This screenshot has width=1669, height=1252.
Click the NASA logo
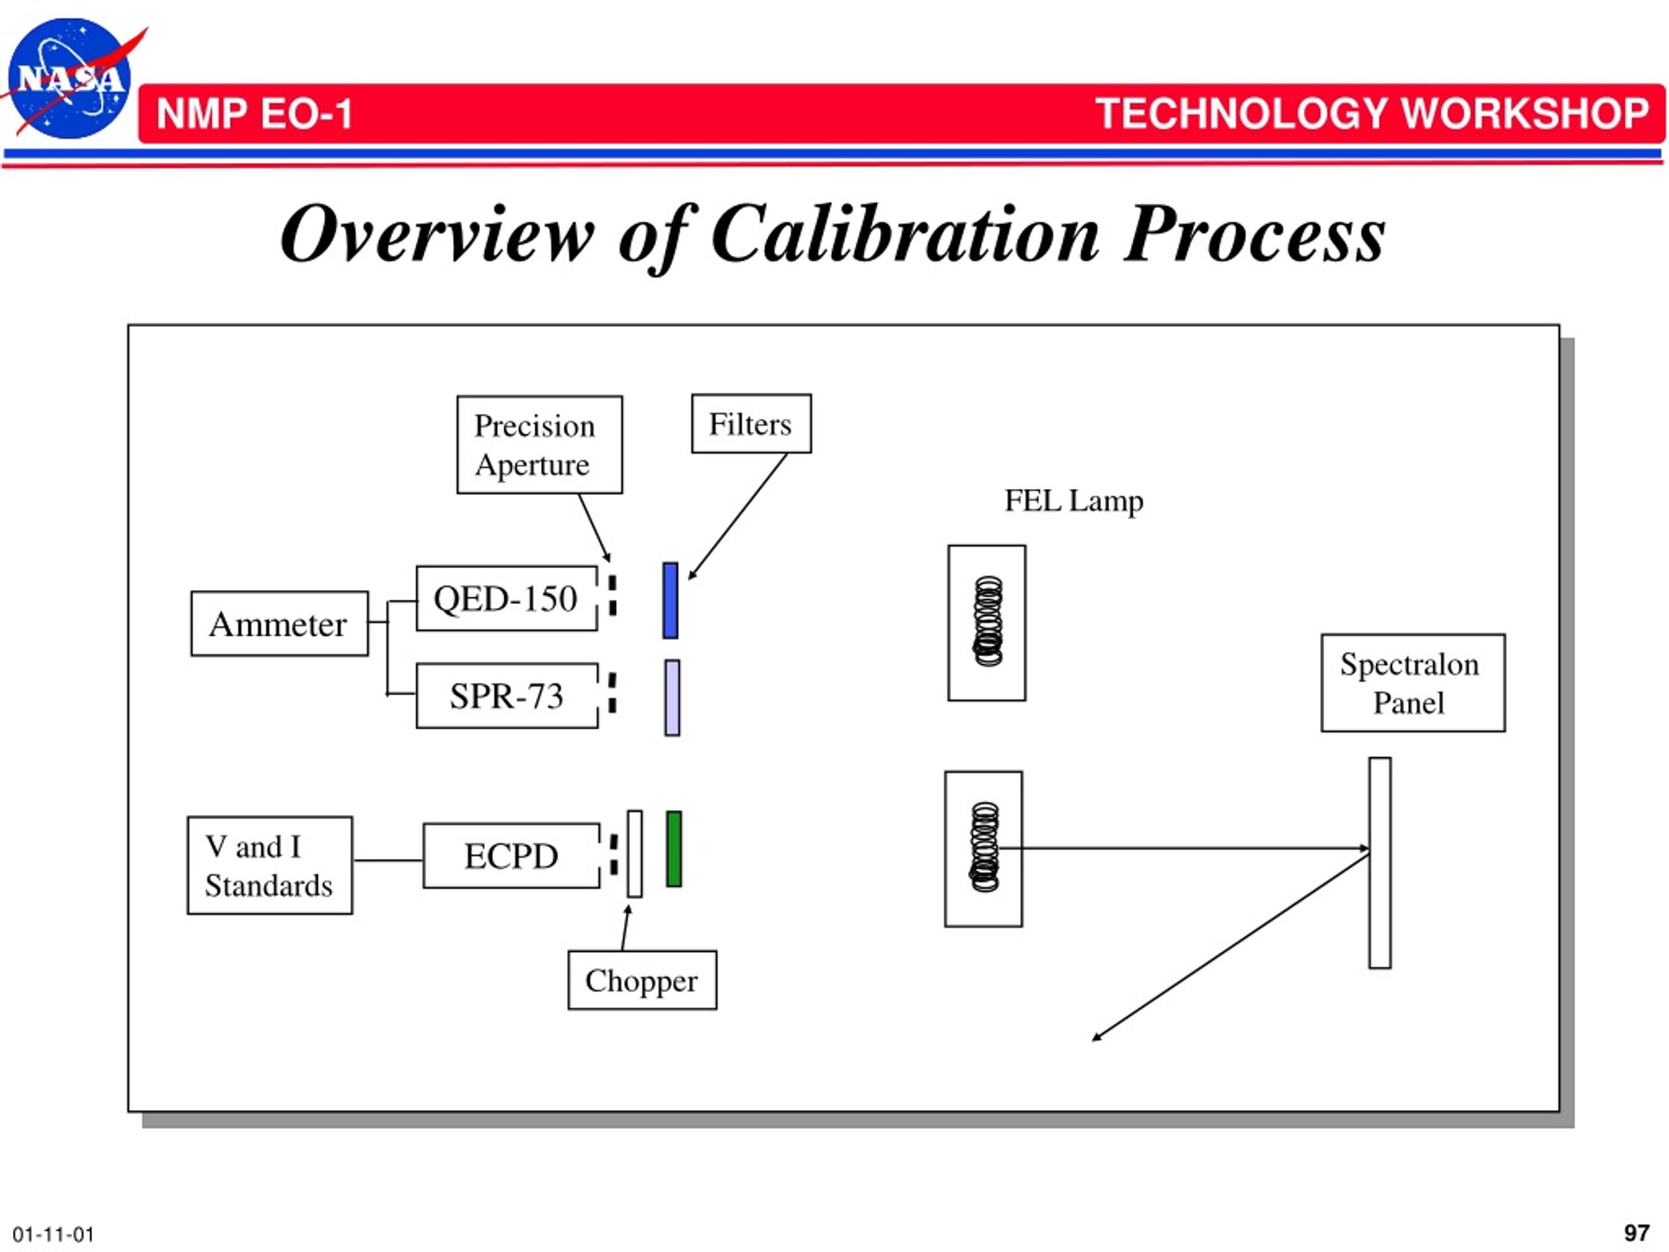69,78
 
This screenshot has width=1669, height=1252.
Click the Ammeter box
279,623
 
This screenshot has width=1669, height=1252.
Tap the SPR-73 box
507,695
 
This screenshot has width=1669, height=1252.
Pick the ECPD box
512,856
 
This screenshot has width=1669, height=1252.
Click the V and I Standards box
269,865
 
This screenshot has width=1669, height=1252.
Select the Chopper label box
642,980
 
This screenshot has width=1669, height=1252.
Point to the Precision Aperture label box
539,445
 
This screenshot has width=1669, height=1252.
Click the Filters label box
752,423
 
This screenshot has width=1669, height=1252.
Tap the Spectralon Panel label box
1413,683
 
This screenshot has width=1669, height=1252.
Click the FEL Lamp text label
1074,500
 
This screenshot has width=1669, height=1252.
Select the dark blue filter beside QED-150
670,601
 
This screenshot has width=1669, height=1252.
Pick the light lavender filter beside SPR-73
672,698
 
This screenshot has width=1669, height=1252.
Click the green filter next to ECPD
673,849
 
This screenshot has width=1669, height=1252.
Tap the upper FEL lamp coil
988,622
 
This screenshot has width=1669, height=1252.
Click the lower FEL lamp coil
984,847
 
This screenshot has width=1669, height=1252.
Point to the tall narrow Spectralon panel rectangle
1380,863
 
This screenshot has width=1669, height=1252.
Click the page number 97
1636,1232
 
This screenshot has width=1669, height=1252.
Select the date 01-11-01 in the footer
53,1234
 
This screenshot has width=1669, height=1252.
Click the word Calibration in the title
905,234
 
